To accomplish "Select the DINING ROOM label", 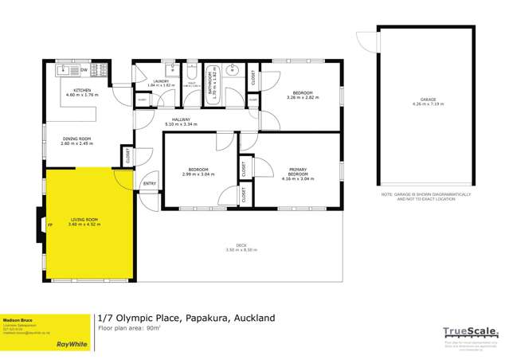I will (x=77, y=139).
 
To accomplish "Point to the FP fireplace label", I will (x=51, y=225).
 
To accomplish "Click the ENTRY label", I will (x=149, y=184).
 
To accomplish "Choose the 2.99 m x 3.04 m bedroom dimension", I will (x=198, y=174).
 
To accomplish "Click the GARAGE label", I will (x=425, y=100).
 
